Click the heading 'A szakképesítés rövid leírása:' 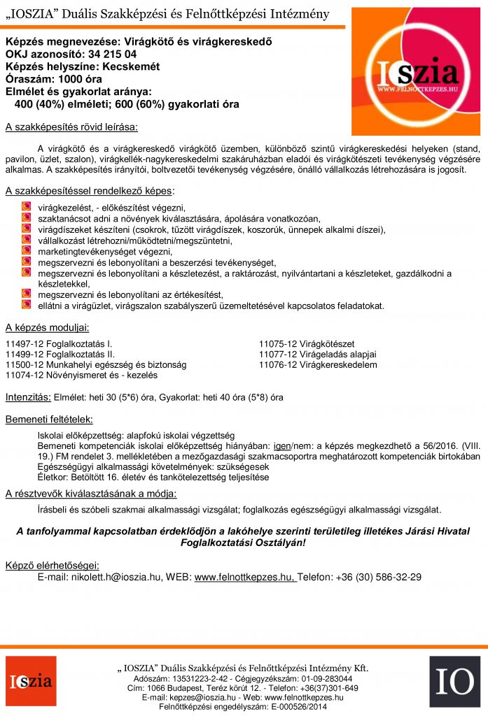pos(71,127)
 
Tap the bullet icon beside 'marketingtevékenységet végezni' pos(26,251)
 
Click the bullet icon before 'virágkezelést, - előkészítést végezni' pos(26,207)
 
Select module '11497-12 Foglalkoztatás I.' pos(59,343)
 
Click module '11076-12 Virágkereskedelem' pos(318,364)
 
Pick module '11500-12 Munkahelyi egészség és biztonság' pos(96,364)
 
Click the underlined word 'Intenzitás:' pos(28,397)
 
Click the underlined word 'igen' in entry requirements pos(281,445)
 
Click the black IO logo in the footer pos(455,682)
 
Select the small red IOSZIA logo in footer pos(32,682)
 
